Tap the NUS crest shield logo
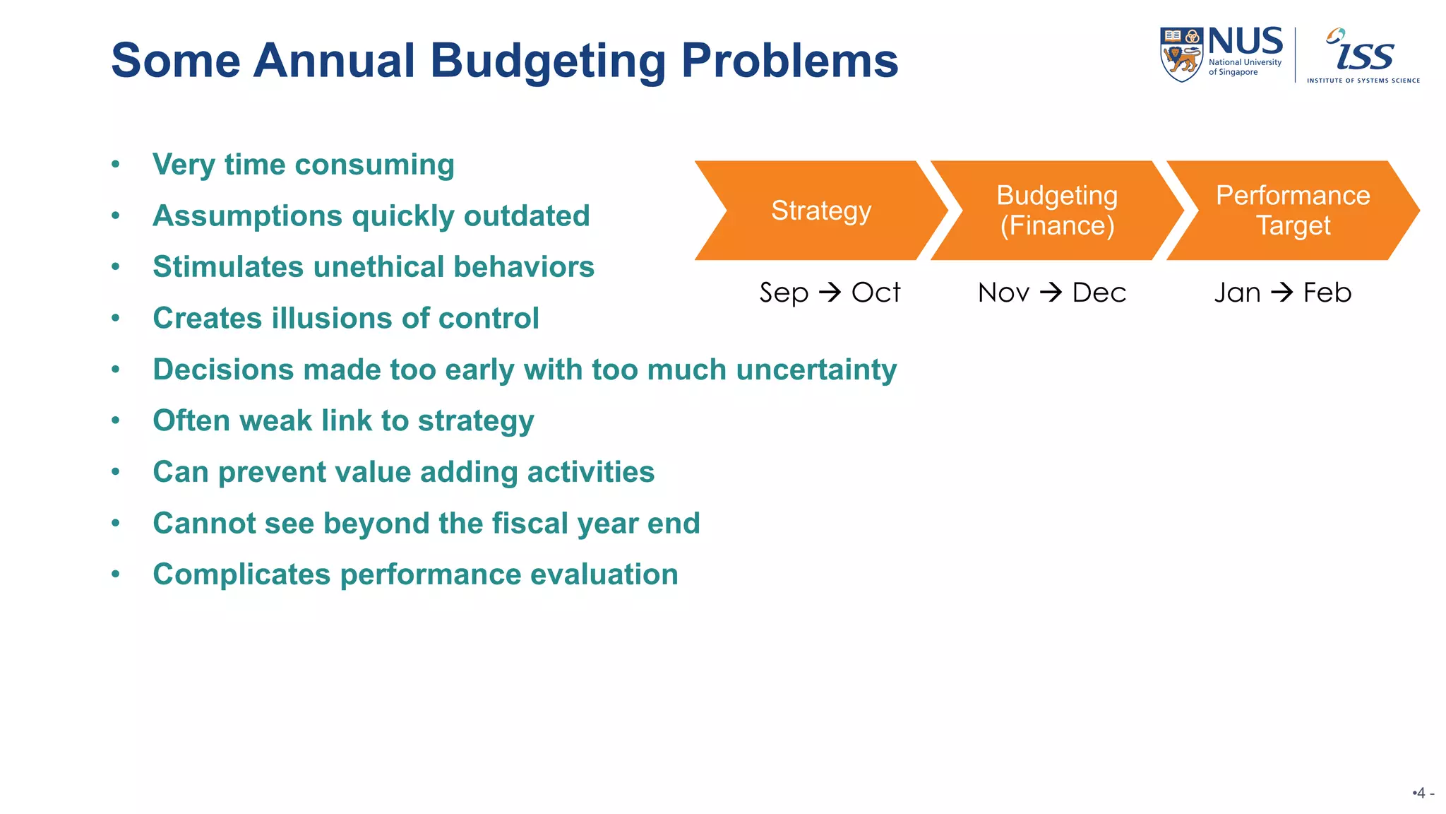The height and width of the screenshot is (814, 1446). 1181,54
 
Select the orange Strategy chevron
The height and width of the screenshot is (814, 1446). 820,211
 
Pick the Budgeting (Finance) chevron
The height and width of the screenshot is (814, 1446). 1056,211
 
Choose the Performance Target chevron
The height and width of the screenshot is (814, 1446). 1292,211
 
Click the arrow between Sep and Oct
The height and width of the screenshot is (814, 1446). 830,292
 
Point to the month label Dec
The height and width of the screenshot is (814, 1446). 1099,293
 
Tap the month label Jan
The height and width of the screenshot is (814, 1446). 1237,293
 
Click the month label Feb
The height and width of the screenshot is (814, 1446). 1327,293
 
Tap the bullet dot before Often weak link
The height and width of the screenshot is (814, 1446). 116,420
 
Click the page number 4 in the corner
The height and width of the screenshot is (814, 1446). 1421,793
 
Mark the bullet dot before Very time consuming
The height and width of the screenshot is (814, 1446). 116,165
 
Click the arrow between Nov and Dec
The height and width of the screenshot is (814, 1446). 1051,292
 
